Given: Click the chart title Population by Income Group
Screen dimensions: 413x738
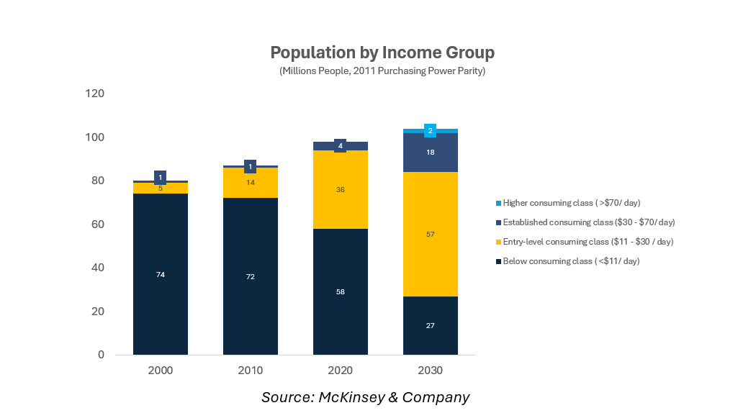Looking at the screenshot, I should point(382,53).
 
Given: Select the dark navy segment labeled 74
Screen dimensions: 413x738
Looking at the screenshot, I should point(161,302).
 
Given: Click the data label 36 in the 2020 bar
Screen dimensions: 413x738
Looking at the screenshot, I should point(341,190).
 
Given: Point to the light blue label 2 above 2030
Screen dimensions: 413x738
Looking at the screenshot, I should point(431,130).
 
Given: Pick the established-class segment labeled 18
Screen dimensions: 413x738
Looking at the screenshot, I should point(431,153).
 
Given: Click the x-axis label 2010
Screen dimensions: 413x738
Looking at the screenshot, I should point(251,371).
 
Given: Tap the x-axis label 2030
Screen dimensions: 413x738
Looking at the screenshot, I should point(431,371).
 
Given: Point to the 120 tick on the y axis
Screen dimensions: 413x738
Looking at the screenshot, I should point(95,94).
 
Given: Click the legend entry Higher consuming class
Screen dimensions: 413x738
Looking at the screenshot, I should point(572,203).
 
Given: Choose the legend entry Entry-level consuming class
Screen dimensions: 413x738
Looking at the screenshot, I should point(588,242).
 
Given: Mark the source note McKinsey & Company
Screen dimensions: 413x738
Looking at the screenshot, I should point(365,397).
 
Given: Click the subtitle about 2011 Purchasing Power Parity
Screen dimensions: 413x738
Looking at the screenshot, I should point(382,71).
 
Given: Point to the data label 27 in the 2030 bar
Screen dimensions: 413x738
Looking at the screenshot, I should point(431,326).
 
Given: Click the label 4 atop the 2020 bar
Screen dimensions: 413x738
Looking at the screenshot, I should point(341,146).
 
